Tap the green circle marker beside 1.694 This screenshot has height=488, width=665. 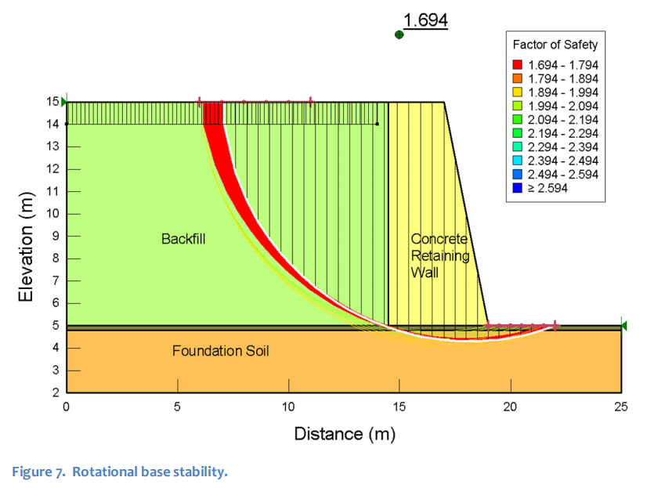[399, 34]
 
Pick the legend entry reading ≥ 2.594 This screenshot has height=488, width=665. [551, 188]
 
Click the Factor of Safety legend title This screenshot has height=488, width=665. [555, 45]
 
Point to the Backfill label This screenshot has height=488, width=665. [183, 238]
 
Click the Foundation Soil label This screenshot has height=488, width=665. [220, 351]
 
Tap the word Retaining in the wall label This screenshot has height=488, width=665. [439, 255]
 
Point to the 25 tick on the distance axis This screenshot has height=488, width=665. [621, 407]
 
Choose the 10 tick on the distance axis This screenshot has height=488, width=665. [288, 407]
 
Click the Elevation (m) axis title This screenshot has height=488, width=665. [26, 247]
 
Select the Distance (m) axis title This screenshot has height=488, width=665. [344, 433]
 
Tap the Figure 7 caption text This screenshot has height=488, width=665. [119, 472]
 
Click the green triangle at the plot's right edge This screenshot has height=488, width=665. [624, 325]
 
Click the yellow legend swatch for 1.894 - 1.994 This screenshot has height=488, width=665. [517, 92]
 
